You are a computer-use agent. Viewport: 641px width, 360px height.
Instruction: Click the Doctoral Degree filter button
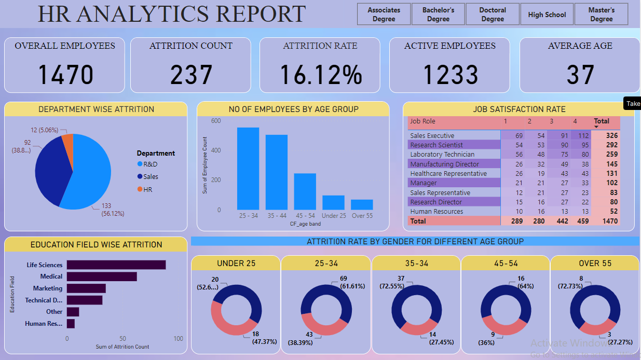tap(493, 15)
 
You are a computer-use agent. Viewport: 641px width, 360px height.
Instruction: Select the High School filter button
tap(547, 15)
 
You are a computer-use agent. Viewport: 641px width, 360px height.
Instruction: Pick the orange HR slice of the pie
tap(67, 140)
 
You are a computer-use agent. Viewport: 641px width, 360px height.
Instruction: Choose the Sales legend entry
tap(151, 176)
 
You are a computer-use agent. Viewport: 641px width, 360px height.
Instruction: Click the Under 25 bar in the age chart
tap(333, 202)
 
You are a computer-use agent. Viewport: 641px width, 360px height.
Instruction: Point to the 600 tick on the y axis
tap(216, 121)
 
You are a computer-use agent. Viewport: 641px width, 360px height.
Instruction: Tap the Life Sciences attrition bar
tap(116, 265)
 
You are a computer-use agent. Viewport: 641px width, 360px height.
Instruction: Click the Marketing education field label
tap(48, 288)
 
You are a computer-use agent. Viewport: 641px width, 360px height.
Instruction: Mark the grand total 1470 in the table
tap(610, 221)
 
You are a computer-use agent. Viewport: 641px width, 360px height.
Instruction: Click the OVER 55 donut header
tap(595, 264)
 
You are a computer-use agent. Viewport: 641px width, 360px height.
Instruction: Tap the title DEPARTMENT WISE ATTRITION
tap(96, 109)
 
